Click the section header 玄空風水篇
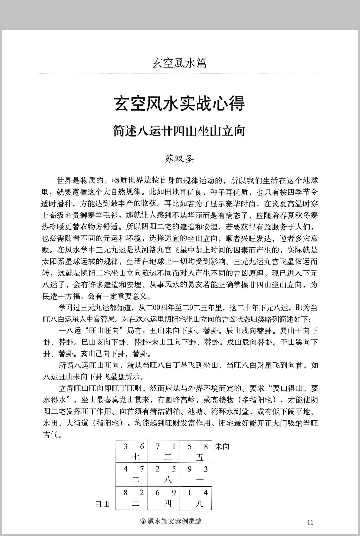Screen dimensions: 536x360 pyautogui.click(x=179, y=63)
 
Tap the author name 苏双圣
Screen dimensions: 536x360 pyautogui.click(x=179, y=159)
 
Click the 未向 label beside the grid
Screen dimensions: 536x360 pyautogui.click(x=222, y=447)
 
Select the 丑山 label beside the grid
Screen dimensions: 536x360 pyautogui.click(x=103, y=504)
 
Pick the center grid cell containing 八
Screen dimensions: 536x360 pyautogui.click(x=164, y=474)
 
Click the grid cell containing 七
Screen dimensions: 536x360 pyautogui.click(x=132, y=451)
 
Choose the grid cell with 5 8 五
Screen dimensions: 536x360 pyautogui.click(x=196, y=451)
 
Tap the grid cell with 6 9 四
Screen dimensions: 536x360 pyautogui.click(x=164, y=498)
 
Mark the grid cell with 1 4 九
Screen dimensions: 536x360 pyautogui.click(x=196, y=498)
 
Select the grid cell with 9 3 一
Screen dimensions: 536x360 pyautogui.click(x=196, y=474)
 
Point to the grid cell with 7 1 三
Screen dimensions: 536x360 pyautogui.click(x=164, y=451)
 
